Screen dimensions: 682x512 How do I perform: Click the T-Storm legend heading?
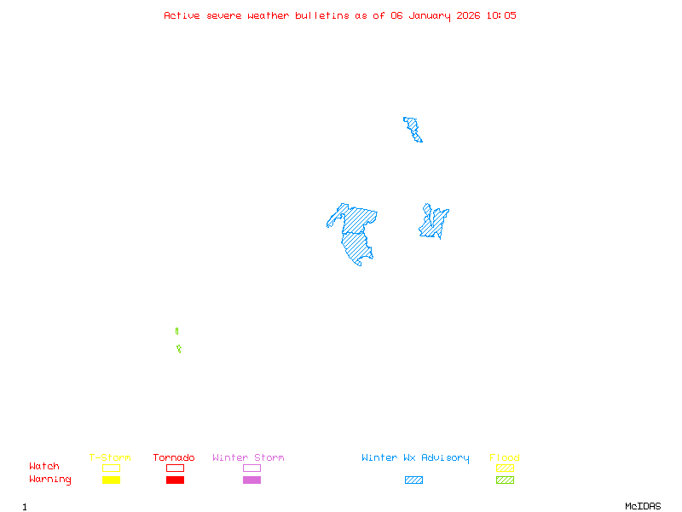click(x=110, y=458)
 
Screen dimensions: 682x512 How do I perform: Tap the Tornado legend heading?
click(x=174, y=458)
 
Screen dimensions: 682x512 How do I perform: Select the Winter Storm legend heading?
click(x=248, y=458)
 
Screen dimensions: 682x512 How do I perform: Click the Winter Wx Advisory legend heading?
click(x=415, y=458)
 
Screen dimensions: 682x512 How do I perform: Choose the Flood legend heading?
click(x=505, y=458)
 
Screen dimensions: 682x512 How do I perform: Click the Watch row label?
click(x=44, y=467)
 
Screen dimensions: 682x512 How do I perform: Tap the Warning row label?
click(x=50, y=480)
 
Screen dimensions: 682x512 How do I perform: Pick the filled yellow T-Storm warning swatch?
click(x=111, y=480)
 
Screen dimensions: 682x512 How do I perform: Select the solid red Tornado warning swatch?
click(x=175, y=480)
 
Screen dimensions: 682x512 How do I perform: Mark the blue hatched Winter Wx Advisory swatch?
click(x=413, y=480)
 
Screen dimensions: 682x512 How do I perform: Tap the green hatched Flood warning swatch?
click(x=505, y=480)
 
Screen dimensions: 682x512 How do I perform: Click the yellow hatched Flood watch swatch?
click(x=505, y=468)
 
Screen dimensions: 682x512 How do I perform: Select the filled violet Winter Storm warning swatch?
click(x=251, y=480)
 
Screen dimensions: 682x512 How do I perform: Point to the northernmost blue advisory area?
click(x=413, y=129)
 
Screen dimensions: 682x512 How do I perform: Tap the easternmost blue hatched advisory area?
click(x=434, y=224)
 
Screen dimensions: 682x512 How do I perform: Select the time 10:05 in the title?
click(x=501, y=15)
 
